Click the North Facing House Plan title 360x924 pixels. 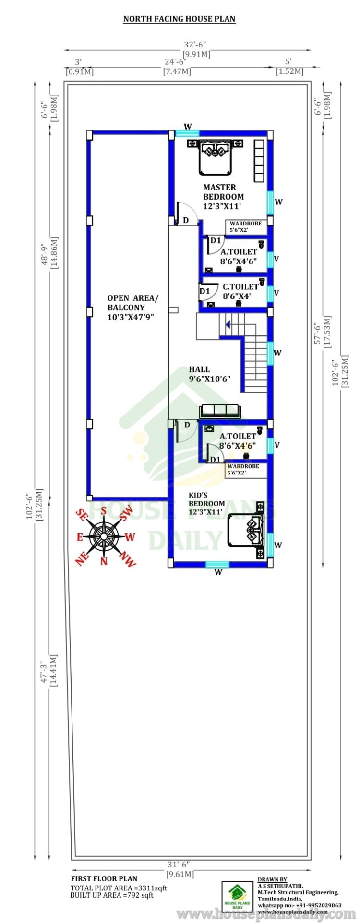180,19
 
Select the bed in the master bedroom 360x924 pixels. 216,157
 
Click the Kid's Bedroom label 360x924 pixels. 206,499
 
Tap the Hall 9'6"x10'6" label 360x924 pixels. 210,374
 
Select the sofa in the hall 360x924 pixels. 219,411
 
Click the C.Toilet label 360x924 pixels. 240,287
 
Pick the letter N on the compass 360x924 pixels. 104,560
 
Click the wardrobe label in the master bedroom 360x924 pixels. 246,224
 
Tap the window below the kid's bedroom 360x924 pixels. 217,565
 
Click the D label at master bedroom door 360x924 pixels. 186,221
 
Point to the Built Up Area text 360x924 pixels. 112,895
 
